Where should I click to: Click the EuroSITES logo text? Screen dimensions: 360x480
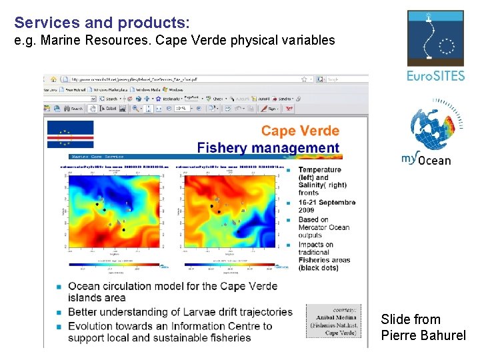435,76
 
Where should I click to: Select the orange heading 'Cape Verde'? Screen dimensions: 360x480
300,131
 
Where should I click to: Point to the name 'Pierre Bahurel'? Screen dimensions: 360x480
423,335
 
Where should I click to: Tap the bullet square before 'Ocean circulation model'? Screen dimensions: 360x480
59,286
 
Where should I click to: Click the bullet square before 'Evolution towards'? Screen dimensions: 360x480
59,327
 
